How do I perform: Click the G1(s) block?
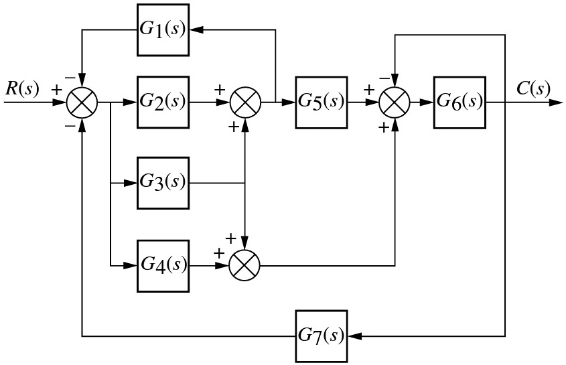click(163, 30)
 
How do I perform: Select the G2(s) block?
click(163, 102)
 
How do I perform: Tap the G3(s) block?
click(163, 183)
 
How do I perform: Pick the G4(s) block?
click(163, 266)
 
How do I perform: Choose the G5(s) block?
click(322, 102)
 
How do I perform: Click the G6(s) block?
click(459, 102)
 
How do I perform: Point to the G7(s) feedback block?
click(322, 336)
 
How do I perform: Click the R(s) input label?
click(21, 88)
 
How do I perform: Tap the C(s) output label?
click(533, 88)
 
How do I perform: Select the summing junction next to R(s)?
click(82, 102)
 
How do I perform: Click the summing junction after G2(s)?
click(245, 102)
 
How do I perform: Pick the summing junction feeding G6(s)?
click(395, 102)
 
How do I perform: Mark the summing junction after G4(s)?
click(244, 266)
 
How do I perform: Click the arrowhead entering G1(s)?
click(196, 30)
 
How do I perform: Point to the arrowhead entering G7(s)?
click(355, 336)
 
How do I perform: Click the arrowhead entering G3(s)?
click(130, 183)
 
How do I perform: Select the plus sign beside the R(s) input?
click(57, 89)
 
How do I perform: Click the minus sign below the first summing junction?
click(70, 126)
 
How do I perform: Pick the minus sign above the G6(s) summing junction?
click(384, 78)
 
